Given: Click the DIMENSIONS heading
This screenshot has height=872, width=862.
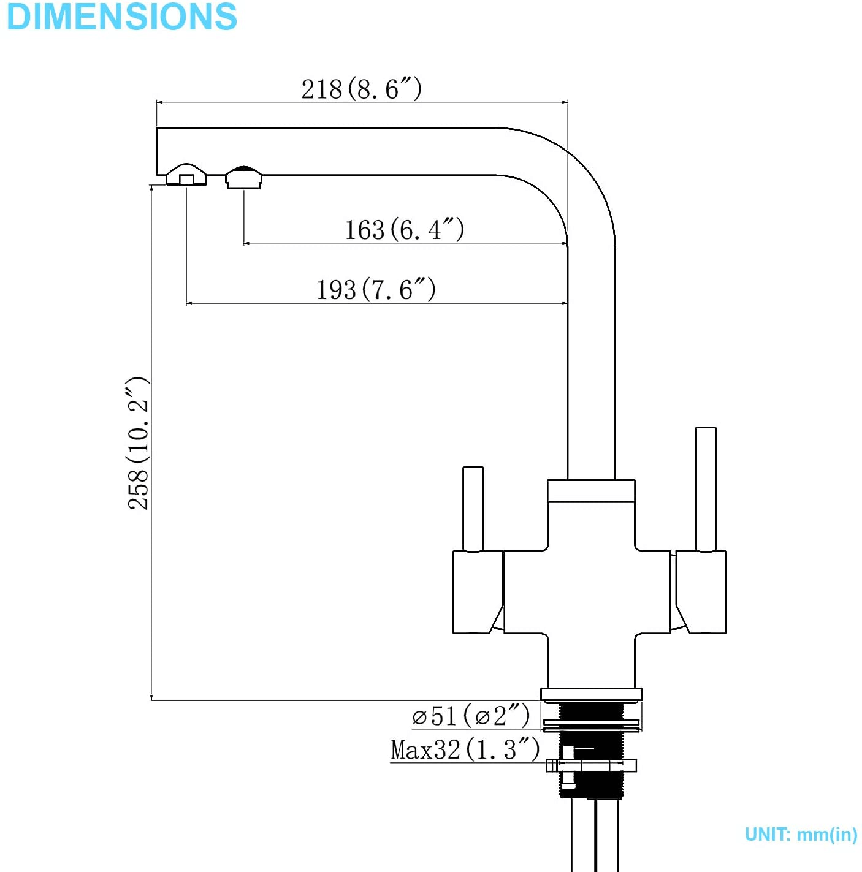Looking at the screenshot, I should [122, 17].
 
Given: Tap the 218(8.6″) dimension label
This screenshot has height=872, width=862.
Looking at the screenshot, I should [361, 89].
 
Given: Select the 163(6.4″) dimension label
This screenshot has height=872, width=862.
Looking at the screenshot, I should [404, 230].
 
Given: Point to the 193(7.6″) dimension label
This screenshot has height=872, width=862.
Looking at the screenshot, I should [376, 290].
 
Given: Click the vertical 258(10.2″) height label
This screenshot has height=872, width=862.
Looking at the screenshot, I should [138, 443].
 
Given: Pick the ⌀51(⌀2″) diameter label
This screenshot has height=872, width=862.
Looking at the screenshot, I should [471, 716].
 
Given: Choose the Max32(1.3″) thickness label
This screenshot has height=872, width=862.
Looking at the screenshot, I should [465, 749].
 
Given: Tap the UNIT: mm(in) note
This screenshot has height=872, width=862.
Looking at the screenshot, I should [801, 835].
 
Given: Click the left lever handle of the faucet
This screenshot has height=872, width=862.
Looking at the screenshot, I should [473, 509].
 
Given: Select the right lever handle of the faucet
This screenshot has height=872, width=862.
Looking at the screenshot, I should [706, 488].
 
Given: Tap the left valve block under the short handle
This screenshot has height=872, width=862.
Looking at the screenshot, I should [478, 591].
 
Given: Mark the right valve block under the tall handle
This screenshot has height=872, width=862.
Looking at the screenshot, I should [701, 591].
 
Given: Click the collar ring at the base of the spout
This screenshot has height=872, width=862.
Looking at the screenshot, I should [591, 491].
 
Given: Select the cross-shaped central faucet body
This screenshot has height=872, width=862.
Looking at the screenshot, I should [590, 591].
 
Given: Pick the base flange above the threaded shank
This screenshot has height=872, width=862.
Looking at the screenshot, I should [591, 694].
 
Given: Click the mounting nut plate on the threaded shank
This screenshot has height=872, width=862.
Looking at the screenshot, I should [591, 765].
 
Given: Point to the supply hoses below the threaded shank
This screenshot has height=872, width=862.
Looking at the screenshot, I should [594, 836].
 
